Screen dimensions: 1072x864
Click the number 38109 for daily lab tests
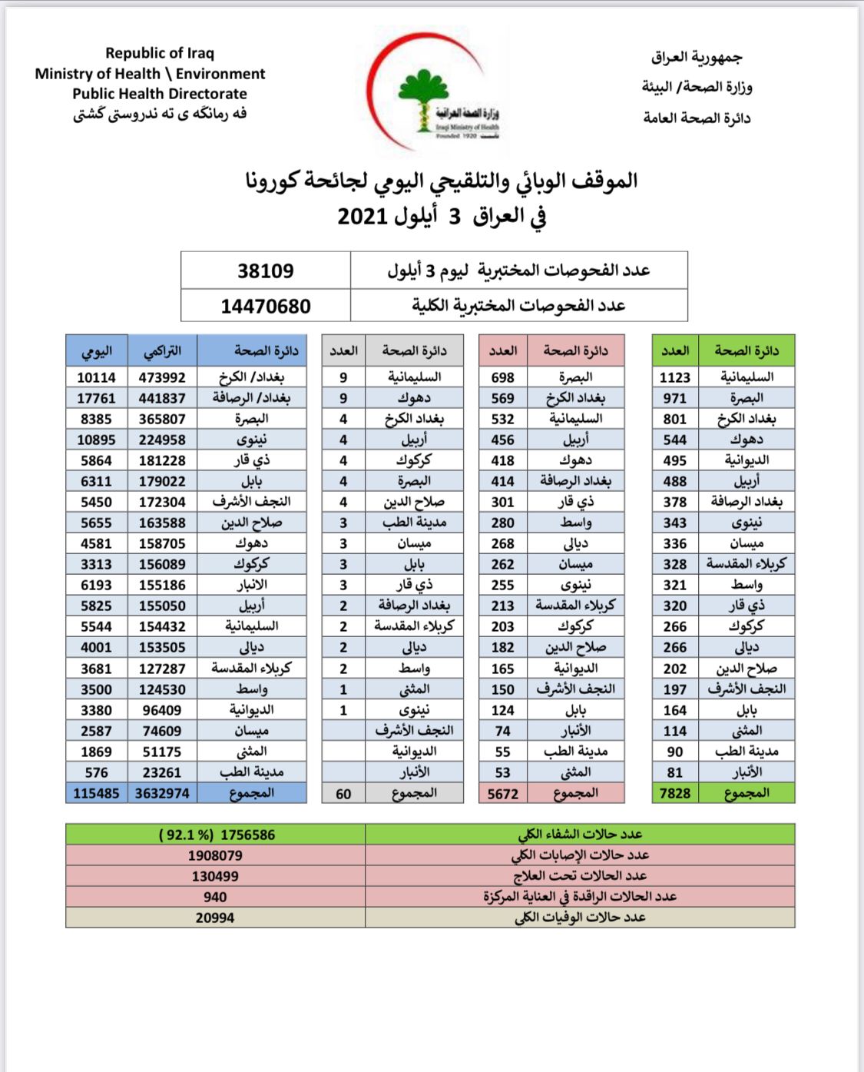point(265,271)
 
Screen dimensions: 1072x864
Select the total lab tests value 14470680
point(265,307)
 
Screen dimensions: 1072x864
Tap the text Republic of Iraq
point(160,53)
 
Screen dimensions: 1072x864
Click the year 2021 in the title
point(362,216)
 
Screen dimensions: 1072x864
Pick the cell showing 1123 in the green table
point(675,377)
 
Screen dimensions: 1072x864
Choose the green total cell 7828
point(675,793)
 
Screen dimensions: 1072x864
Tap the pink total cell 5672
point(503,794)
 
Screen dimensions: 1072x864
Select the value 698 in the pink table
point(503,377)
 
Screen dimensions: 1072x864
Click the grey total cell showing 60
point(343,794)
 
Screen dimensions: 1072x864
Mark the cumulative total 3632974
point(162,793)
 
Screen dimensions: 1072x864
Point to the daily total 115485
point(96,793)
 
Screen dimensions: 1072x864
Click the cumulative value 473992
point(162,377)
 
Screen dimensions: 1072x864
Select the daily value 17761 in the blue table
point(96,398)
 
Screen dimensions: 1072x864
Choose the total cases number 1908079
point(215,855)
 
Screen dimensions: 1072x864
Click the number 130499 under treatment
point(215,876)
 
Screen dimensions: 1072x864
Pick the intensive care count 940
point(215,897)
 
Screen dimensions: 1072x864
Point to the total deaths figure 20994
point(215,918)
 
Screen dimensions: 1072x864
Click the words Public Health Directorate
point(160,94)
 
